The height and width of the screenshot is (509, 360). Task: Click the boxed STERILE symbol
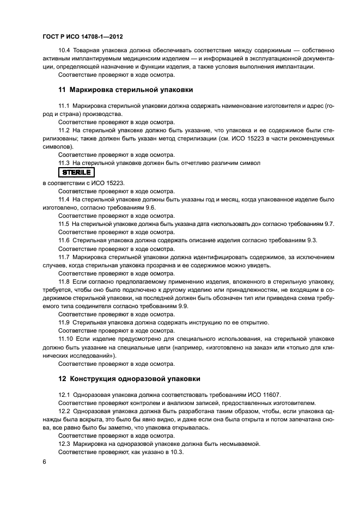click(x=77, y=172)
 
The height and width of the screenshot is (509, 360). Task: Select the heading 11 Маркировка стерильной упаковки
click(x=125, y=89)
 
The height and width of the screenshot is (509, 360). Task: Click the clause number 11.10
click(x=66, y=339)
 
